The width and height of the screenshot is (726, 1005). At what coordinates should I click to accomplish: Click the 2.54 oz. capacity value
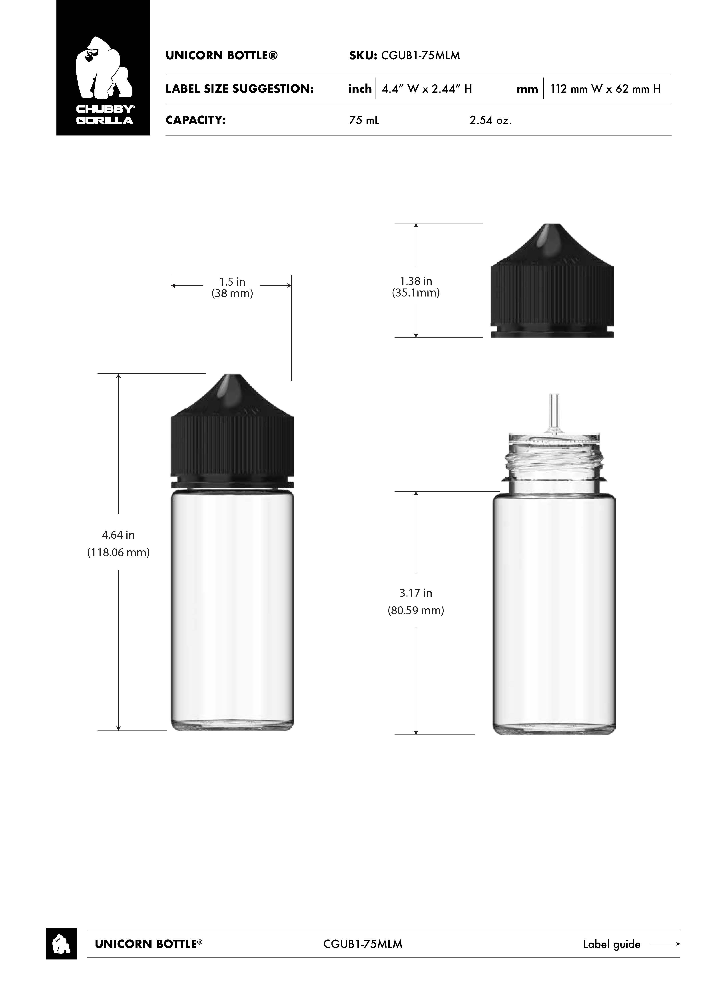[491, 120]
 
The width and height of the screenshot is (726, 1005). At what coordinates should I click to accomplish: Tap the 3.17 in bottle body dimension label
[416, 593]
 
